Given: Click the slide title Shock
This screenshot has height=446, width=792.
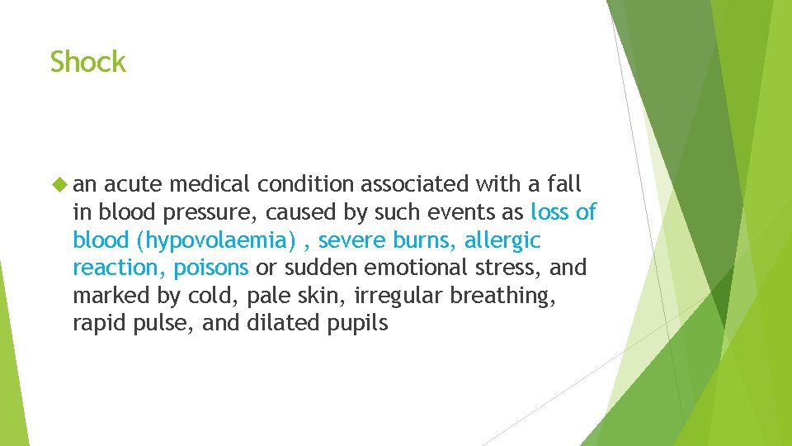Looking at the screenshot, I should pyautogui.click(x=87, y=62).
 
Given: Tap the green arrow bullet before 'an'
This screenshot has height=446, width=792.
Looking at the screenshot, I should pyautogui.click(x=57, y=183).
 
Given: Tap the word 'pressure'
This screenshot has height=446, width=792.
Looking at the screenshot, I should pyautogui.click(x=219, y=212).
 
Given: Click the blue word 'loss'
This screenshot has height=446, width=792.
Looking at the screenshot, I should pyautogui.click(x=551, y=212).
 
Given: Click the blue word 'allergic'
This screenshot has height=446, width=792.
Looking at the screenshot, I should pyautogui.click(x=502, y=240).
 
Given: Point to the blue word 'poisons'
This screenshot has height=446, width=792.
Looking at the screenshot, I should pyautogui.click(x=210, y=268).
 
